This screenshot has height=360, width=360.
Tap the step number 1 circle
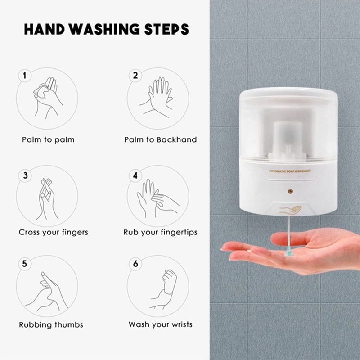coord(24,75)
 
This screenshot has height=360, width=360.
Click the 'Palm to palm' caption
coord(48,140)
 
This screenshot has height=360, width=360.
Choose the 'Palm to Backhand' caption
coord(161,140)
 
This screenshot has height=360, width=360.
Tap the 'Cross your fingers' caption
coord(54,233)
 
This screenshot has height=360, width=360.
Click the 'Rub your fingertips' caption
coord(160,233)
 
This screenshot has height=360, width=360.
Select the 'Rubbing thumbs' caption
coord(51,324)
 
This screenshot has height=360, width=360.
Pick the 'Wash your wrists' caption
coord(160,324)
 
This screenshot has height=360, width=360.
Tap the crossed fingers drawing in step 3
coord(47,198)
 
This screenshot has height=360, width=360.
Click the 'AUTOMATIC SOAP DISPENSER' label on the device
coord(290,171)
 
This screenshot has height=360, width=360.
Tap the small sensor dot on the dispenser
coord(290,191)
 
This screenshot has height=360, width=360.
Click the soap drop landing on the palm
coord(288,252)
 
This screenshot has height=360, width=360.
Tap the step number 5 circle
coord(24,264)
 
